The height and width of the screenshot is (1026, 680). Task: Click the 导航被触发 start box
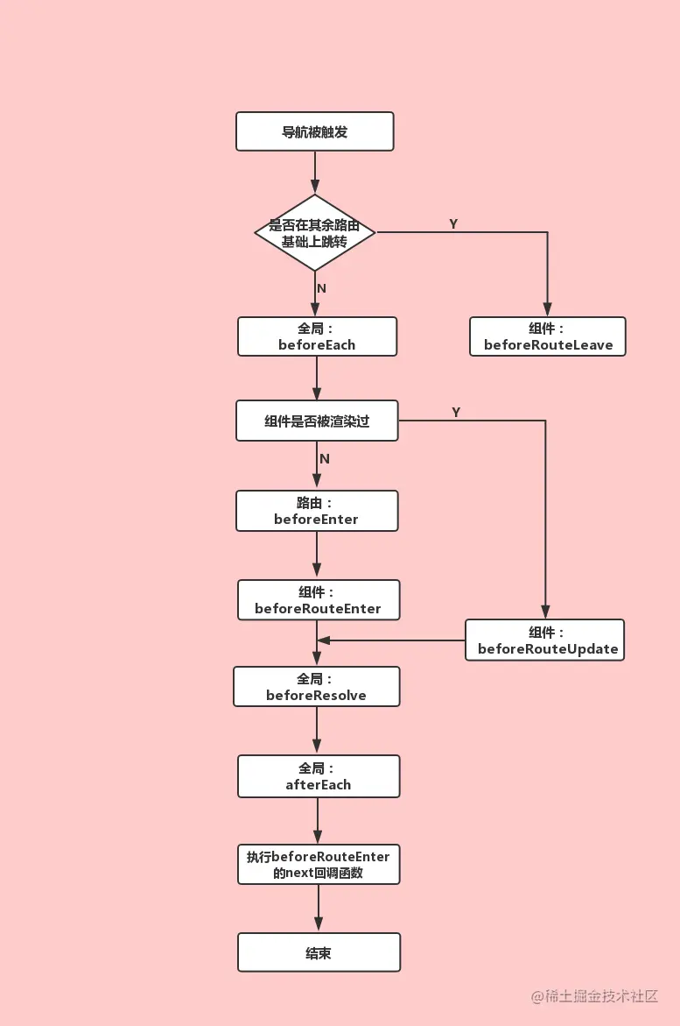(315, 131)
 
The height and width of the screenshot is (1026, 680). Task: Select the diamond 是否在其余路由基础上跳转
(315, 233)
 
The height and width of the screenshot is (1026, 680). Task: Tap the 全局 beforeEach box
(317, 336)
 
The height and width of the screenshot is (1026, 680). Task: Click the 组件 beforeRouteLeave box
(548, 336)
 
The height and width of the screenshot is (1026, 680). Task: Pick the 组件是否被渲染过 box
(317, 421)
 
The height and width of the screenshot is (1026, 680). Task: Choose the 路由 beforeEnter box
(317, 511)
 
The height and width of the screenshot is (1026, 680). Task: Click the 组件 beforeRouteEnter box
(318, 600)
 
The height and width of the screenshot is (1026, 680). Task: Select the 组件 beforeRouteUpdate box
(544, 640)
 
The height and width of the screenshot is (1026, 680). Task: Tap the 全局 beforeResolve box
(316, 687)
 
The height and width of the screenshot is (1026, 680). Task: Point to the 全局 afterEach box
(319, 776)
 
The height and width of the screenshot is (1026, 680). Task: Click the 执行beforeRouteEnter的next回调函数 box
(319, 864)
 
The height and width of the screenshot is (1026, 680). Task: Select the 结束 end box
(319, 952)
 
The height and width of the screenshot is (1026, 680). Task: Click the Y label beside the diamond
(453, 224)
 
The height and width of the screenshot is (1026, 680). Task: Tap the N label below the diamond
(321, 288)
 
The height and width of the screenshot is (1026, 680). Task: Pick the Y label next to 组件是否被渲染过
(456, 412)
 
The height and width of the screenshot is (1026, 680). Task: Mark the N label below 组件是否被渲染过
(325, 459)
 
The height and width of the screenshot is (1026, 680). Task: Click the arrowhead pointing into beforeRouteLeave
(547, 309)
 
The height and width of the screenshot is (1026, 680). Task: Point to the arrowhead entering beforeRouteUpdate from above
(545, 612)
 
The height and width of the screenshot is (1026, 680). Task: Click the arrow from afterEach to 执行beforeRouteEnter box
(318, 821)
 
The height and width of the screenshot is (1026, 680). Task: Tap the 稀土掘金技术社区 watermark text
(594, 996)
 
